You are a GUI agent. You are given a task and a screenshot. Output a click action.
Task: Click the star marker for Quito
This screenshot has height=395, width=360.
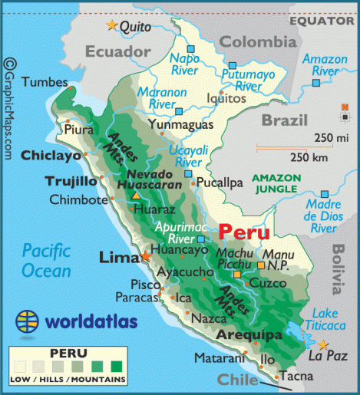coord(113,25)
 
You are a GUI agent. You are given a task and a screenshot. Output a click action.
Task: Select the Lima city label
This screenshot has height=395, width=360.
coord(117,258)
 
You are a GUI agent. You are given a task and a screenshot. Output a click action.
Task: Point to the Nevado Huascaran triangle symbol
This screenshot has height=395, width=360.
coord(136,196)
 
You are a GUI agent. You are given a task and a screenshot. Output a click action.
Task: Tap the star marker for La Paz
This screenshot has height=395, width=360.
coord(324,344)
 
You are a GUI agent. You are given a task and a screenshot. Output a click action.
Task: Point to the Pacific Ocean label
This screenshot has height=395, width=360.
coord(45,259)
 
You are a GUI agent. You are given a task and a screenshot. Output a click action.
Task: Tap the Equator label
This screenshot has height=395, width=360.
coord(324,21)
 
